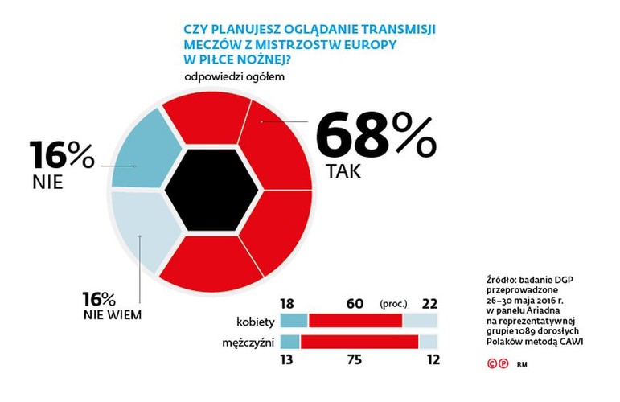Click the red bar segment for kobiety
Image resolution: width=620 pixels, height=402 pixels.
[x=355, y=321]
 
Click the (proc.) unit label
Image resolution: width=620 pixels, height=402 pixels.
[x=394, y=304]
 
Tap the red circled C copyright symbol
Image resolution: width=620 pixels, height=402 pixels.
[x=493, y=363]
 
